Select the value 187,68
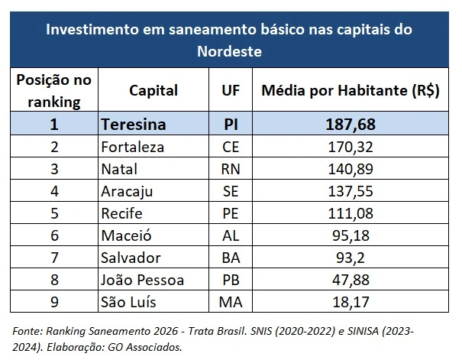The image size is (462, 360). pos(351,124)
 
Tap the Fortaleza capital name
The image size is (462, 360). pos(133,146)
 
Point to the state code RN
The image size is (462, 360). pos(231,168)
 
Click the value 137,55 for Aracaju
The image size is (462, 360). pos(351,190)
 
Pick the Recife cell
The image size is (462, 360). pos(122,213)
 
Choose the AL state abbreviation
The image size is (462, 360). pos(231,235)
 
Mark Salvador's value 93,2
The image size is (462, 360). pos(351,258)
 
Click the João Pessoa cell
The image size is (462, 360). pos(141,280)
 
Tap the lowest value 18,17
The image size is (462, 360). pos(351,302)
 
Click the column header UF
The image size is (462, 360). pos(231,90)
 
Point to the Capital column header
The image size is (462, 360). pos(153,90)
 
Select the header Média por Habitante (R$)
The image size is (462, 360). pos(351,90)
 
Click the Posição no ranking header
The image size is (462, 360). pos(53,90)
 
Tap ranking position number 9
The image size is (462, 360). pos(53,302)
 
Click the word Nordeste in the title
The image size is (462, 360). pos(230,52)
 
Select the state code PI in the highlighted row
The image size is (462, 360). pos(231,124)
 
